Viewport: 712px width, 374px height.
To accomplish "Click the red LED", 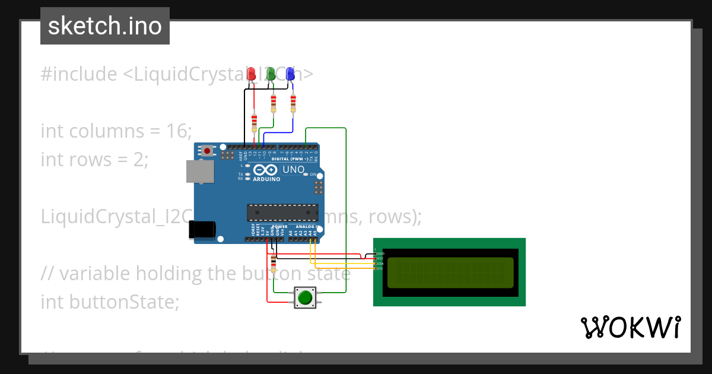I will [251, 74].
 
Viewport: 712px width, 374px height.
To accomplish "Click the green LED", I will [271, 74].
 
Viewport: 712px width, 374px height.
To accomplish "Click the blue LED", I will [290, 74].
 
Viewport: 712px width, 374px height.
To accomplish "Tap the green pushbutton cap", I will [305, 297].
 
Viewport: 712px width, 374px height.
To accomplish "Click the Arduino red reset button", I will [206, 151].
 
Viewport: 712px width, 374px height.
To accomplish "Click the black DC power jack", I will [201, 230].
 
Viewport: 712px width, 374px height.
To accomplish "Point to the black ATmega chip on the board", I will [282, 213].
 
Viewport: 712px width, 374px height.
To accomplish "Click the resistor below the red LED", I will [255, 123].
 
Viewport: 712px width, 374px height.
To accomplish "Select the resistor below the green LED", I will [273, 103].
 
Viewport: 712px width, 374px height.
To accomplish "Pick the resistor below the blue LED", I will [293, 103].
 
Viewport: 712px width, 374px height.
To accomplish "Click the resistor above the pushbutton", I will [273, 262].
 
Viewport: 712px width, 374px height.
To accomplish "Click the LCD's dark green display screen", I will [450, 272].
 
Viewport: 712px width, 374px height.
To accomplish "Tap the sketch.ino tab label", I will [105, 26].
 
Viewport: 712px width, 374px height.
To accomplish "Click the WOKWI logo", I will [630, 327].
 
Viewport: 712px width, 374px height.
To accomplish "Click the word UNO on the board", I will [293, 170].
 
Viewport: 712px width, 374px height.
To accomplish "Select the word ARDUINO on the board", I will [266, 179].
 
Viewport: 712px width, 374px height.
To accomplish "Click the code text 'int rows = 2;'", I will [94, 159].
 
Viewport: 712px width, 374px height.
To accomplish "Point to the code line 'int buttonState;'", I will [109, 302].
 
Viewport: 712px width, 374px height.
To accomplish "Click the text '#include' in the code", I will [79, 74].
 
